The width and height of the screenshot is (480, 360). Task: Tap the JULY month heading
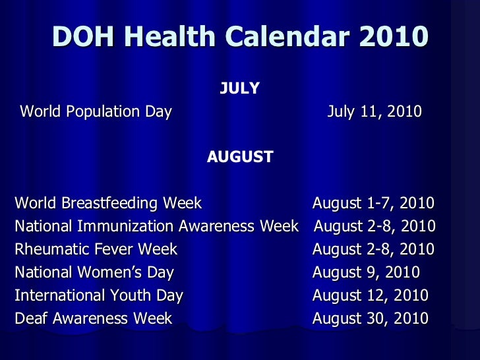pyautogui.click(x=239, y=88)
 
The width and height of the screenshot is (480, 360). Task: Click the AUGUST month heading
pyautogui.click(x=240, y=157)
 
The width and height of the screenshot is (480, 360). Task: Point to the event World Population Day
pyautogui.click(x=96, y=111)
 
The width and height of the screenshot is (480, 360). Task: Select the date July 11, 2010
pyautogui.click(x=375, y=111)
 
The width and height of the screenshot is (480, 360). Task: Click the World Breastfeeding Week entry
pyautogui.click(x=108, y=203)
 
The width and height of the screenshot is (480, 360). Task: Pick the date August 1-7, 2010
pyautogui.click(x=373, y=203)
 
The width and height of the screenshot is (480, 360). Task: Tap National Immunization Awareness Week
pyautogui.click(x=157, y=226)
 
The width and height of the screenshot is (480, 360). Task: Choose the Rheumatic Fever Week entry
pyautogui.click(x=96, y=249)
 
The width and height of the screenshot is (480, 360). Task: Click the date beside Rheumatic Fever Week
pyautogui.click(x=373, y=249)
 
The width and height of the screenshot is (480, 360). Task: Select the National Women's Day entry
pyautogui.click(x=94, y=272)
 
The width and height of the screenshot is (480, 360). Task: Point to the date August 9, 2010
pyautogui.click(x=366, y=272)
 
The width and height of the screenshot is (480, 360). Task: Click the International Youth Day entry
pyautogui.click(x=99, y=295)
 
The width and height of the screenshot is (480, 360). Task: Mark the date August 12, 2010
pyautogui.click(x=370, y=295)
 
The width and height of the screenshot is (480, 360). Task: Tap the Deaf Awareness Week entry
pyautogui.click(x=93, y=318)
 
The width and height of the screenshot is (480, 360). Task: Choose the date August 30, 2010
pyautogui.click(x=370, y=318)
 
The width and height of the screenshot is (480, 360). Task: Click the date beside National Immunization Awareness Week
pyautogui.click(x=375, y=226)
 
